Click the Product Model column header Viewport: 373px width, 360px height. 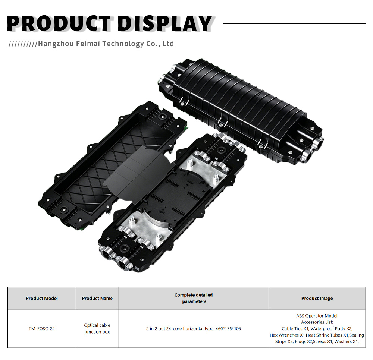point(42,298)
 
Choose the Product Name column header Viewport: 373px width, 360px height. point(97,298)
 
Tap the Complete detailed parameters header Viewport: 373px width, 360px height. point(194,298)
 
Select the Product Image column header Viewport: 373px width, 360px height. point(317,298)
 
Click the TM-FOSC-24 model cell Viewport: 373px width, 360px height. point(42,329)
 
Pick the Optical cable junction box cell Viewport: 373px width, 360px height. point(97,328)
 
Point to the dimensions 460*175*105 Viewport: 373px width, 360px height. point(228,329)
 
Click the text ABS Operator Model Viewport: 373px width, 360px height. point(317,316)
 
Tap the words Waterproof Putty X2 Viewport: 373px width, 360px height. point(331,329)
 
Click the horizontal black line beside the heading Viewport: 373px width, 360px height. point(295,23)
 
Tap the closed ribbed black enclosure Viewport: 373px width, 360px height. point(240,110)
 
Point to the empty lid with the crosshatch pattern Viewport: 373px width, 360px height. point(112,166)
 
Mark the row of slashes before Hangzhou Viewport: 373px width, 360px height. point(23,44)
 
